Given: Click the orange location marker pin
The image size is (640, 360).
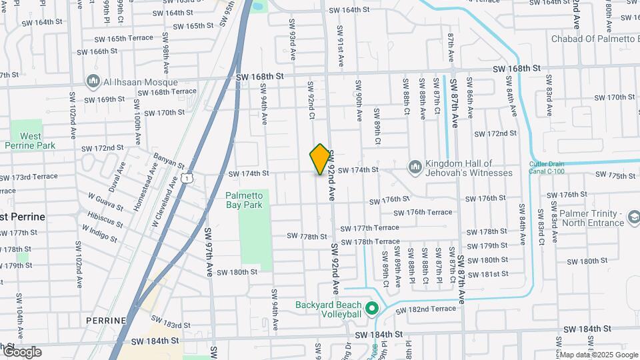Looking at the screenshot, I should point(320,159).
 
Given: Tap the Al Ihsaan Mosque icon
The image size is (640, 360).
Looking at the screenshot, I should point(93,82).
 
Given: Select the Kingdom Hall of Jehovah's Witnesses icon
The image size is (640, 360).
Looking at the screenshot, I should point(415,165).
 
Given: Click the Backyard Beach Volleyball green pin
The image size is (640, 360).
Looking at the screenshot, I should point(373,309).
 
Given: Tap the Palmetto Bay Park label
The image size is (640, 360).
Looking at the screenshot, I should point(247,200).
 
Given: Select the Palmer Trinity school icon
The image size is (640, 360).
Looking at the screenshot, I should point(634,217).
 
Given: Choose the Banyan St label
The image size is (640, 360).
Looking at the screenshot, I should point(169,161).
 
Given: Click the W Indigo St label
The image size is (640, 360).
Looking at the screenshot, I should point(100,234).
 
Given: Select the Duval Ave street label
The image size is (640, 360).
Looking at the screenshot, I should point(117,179).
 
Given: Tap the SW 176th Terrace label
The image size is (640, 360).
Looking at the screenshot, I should point(423,213).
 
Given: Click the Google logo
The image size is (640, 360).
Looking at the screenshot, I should point(22,352).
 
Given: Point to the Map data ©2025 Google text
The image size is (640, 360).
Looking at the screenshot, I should point(599,355).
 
